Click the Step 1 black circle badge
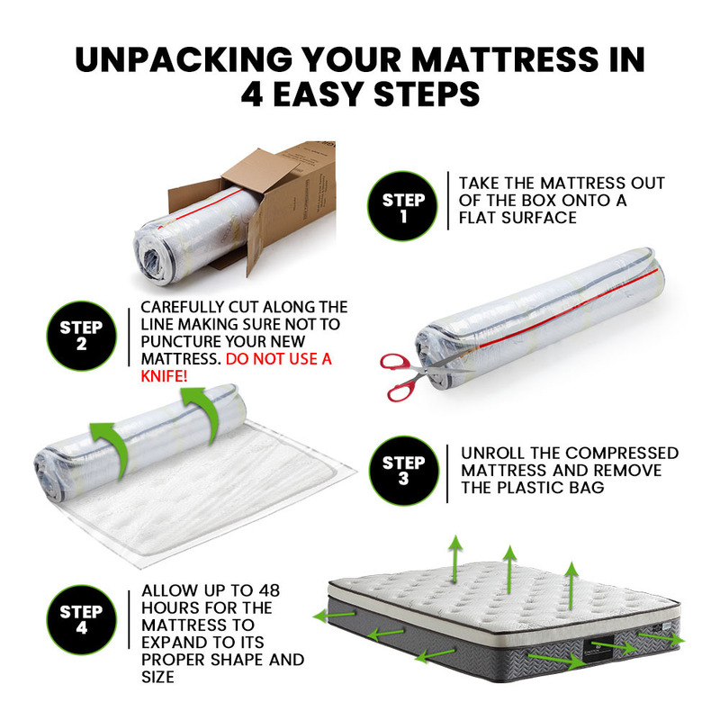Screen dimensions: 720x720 (402, 206)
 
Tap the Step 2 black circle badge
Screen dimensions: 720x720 (81, 336)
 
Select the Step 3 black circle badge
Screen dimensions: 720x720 (403, 471)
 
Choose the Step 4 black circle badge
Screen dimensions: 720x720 (81, 619)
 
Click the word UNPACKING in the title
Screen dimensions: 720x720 (184, 59)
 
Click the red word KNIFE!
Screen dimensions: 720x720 (164, 376)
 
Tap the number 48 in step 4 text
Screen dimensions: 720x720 (269, 590)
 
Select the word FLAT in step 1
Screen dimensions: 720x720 (478, 218)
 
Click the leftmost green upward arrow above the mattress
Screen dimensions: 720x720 (455, 559)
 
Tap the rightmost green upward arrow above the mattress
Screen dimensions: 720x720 (571, 586)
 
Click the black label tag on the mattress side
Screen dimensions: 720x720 (598, 648)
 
